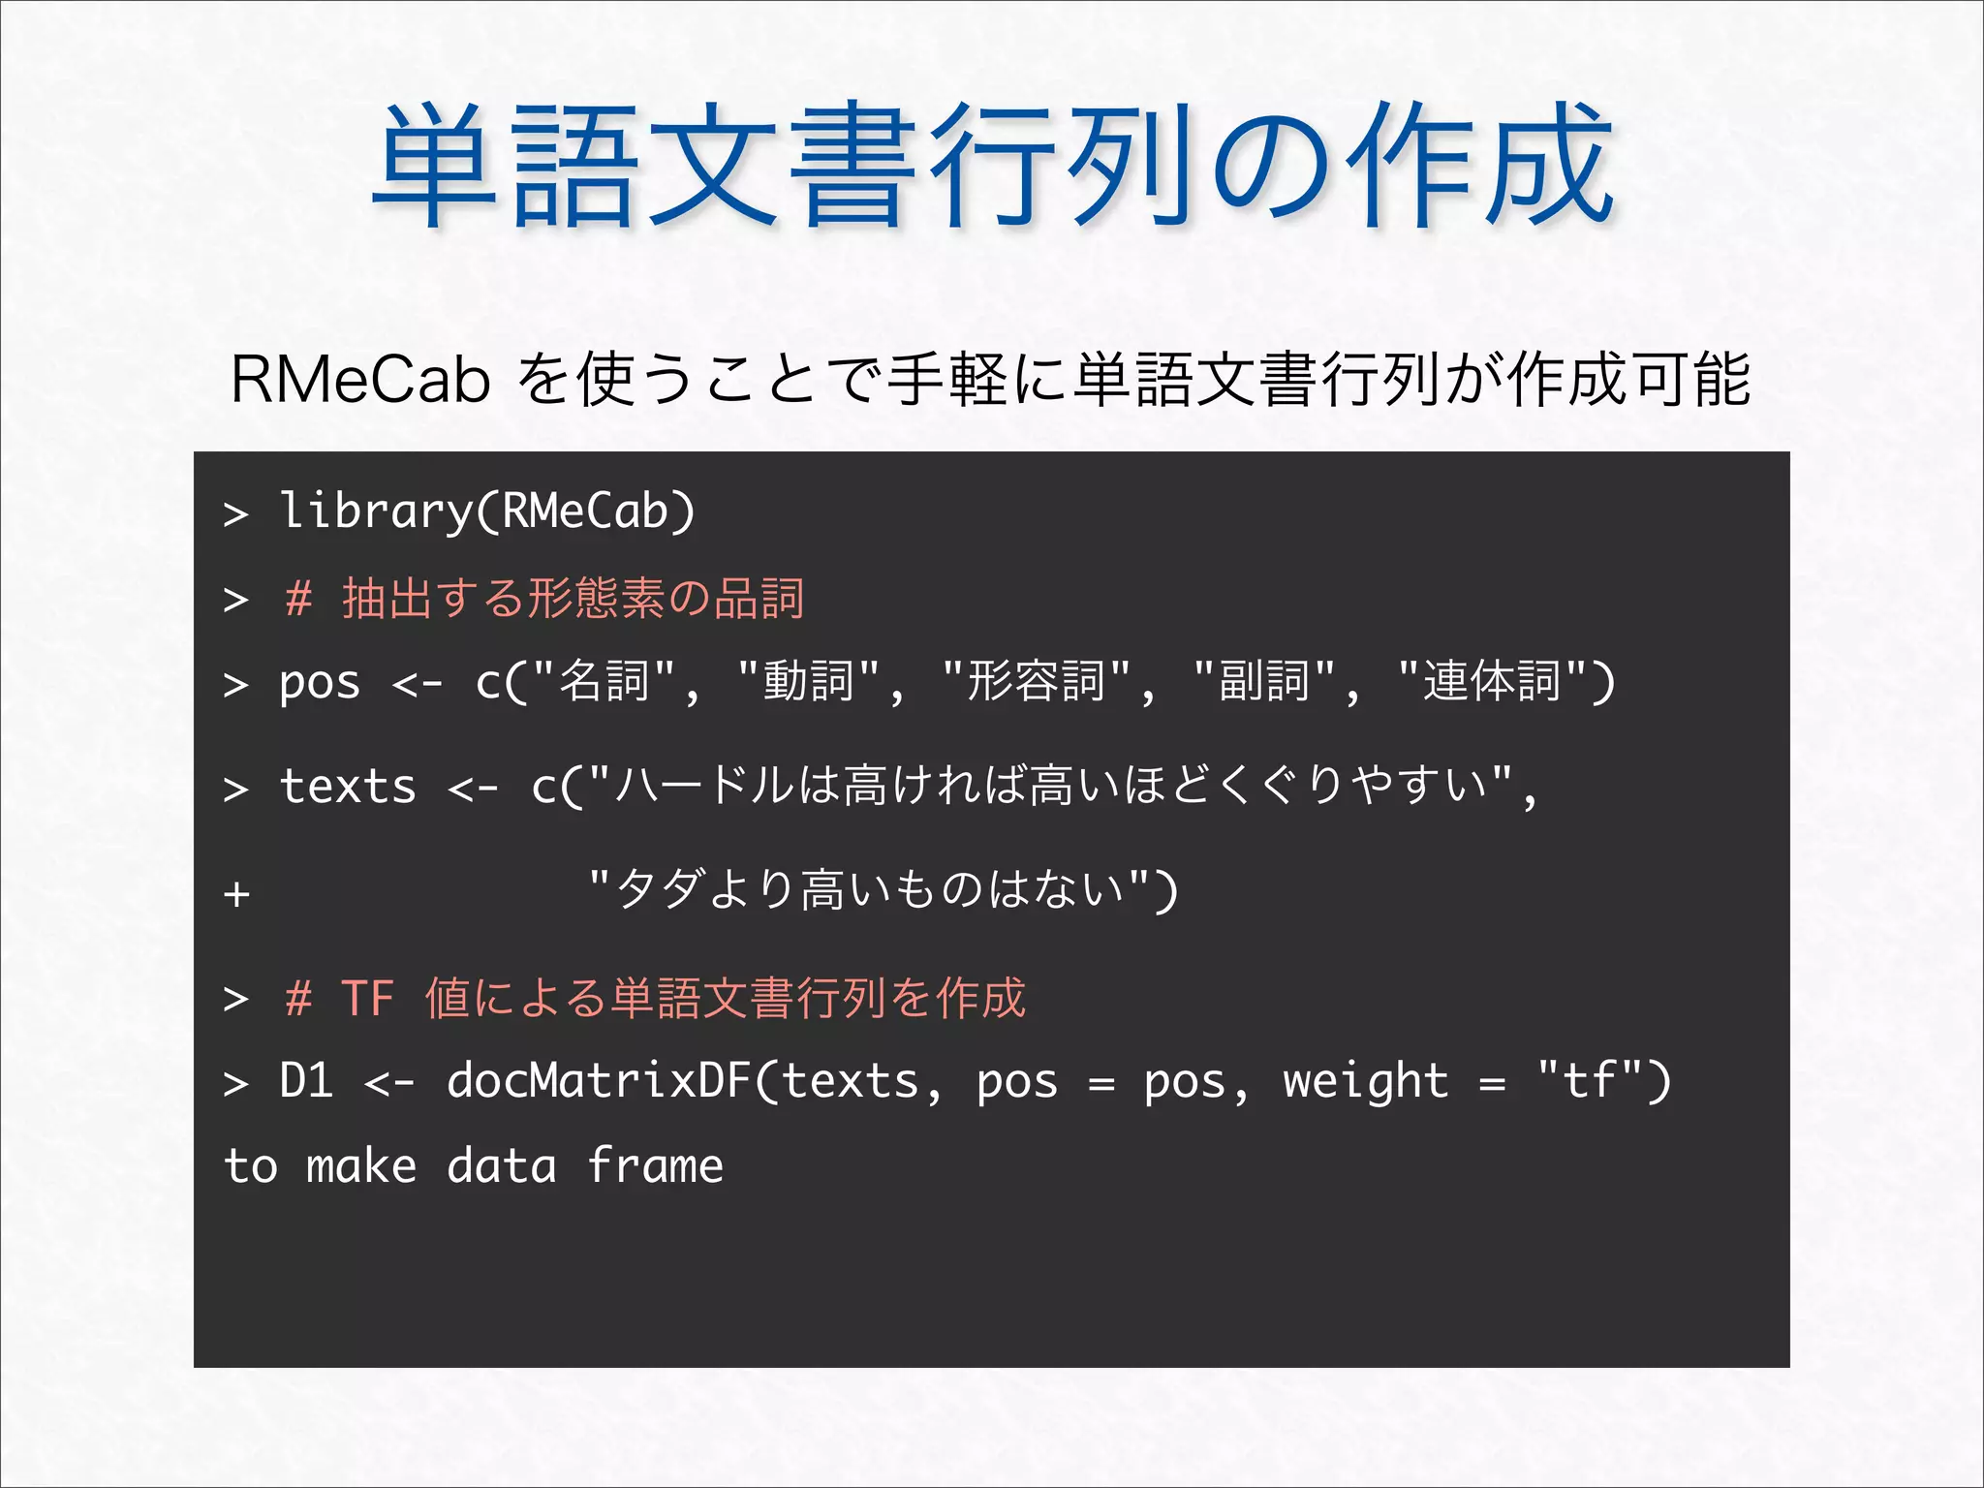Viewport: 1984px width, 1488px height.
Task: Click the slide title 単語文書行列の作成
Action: tap(992, 167)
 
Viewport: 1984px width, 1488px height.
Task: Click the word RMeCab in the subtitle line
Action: tap(360, 381)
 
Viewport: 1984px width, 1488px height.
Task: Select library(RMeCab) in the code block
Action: tap(486, 511)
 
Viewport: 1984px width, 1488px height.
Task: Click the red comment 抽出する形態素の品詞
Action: tap(573, 598)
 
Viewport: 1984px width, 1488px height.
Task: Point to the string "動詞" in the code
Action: tap(808, 681)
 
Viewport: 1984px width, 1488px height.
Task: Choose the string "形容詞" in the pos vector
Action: tap(1037, 681)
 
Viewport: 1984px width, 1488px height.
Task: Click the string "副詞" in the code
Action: tap(1265, 681)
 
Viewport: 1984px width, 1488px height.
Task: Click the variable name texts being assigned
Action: tap(348, 786)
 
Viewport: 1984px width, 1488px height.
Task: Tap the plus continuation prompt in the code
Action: tap(236, 892)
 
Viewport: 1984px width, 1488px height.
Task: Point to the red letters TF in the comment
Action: tap(367, 998)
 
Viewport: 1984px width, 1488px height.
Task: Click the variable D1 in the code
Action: tap(306, 1081)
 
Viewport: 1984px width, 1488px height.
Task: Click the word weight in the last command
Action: tap(1365, 1081)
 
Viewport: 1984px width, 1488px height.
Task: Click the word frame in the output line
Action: tap(655, 1165)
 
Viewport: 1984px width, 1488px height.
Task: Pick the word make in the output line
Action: tap(360, 1165)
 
